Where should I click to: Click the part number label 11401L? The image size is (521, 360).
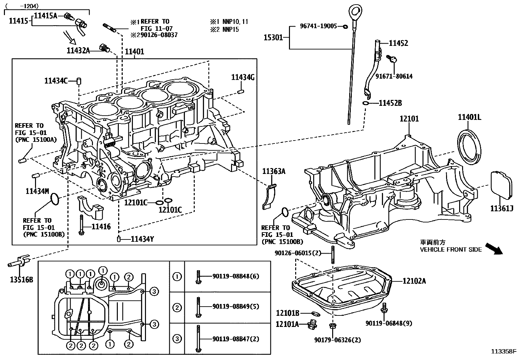[469, 118]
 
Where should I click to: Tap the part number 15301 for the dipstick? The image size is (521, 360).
[273, 38]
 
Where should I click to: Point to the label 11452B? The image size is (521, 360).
[390, 103]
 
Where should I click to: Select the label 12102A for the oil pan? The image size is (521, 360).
[414, 281]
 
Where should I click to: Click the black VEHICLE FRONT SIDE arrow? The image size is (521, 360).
[494, 249]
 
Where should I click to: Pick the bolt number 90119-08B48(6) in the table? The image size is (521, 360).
[235, 276]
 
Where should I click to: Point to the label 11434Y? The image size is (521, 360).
[142, 239]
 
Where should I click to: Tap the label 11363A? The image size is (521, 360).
[274, 171]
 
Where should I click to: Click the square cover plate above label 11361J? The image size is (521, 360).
[501, 185]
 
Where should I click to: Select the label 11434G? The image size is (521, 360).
[243, 77]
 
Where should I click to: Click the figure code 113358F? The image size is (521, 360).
[503, 352]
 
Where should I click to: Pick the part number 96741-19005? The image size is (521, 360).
[318, 26]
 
